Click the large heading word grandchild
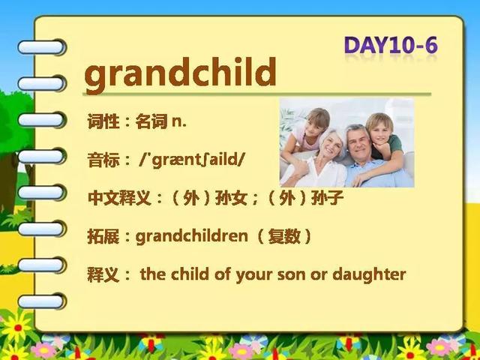point(180,74)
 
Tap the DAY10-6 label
point(391,45)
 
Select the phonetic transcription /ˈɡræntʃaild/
point(192,159)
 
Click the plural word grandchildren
point(192,236)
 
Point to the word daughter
point(369,274)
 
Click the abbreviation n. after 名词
point(179,122)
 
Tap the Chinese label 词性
point(103,121)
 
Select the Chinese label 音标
point(103,160)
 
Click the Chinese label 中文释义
point(120,198)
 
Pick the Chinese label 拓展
point(103,236)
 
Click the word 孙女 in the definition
point(232,198)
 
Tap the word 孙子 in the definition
point(327,198)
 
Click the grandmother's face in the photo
point(331,145)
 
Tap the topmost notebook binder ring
point(41,47)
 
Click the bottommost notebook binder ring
point(41,301)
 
